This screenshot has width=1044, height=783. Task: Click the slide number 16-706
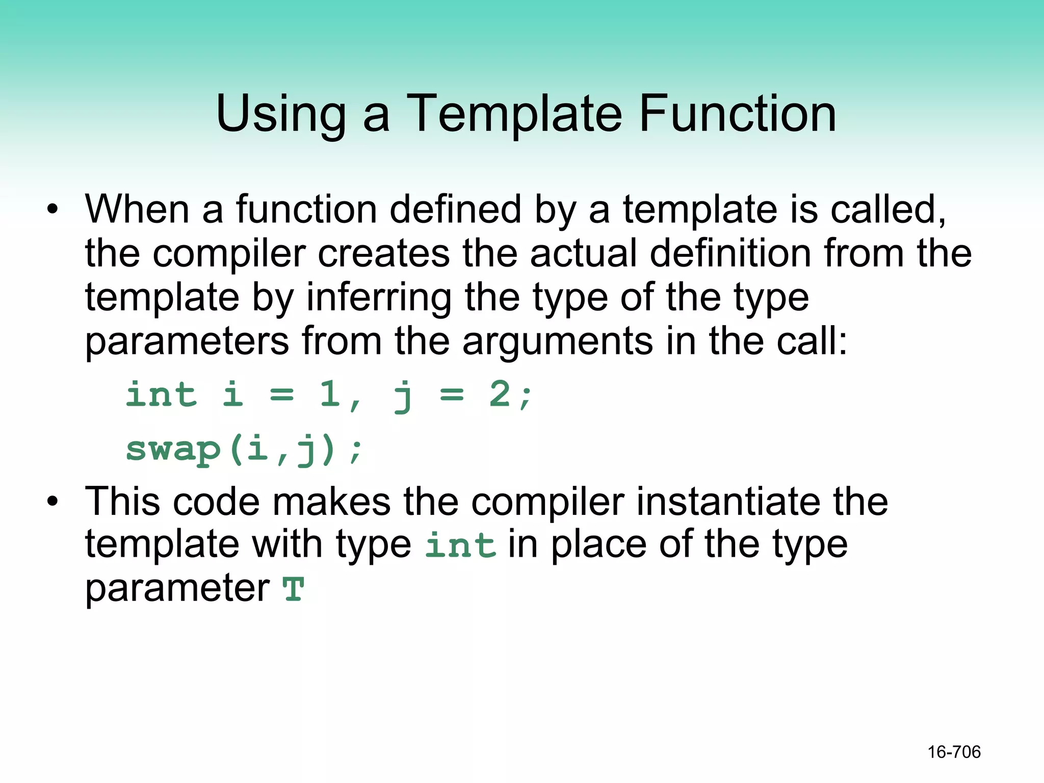[954, 752]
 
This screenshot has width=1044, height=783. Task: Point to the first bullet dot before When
[53, 210]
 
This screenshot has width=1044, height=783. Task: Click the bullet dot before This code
[53, 502]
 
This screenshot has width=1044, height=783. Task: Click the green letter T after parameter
[294, 589]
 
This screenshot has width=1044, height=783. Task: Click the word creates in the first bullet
[384, 253]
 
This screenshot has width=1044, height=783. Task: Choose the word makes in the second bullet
[332, 502]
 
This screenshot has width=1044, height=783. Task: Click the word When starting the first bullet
[137, 210]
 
